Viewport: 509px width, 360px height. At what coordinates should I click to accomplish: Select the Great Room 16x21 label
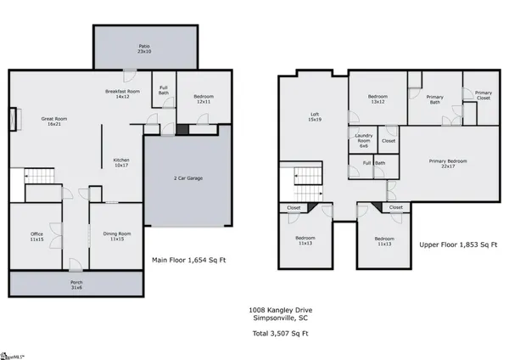[54, 121]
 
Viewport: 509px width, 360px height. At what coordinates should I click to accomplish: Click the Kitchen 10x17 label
[121, 162]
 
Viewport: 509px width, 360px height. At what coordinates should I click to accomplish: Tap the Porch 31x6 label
[76, 285]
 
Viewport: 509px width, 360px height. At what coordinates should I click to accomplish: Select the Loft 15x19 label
[314, 116]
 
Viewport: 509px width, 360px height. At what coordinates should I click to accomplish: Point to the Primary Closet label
[483, 95]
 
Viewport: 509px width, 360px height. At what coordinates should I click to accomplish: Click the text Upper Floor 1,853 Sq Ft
[458, 245]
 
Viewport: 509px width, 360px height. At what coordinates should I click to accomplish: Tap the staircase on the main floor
[39, 176]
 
